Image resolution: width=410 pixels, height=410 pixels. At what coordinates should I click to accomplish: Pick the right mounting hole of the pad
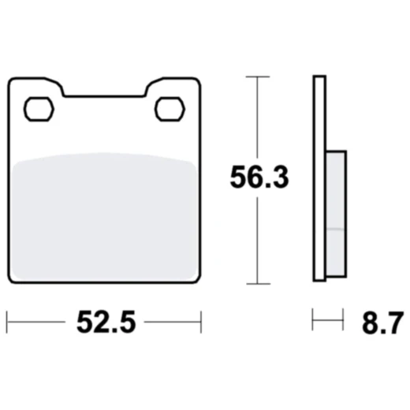pos(170,108)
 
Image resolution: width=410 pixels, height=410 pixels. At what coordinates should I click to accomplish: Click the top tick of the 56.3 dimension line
pos(253,76)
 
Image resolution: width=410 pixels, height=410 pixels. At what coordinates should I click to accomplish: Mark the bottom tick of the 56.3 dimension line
pos(253,285)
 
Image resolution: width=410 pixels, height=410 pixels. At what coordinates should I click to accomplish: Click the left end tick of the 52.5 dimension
pos(7,321)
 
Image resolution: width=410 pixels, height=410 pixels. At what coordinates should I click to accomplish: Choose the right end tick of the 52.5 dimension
pos(202,321)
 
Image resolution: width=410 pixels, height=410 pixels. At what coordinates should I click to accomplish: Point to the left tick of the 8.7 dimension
pos(314,321)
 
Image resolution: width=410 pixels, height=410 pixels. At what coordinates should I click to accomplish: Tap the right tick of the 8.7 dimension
pos(345,321)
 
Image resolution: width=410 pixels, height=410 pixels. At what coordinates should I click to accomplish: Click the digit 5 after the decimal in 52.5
pos(128,322)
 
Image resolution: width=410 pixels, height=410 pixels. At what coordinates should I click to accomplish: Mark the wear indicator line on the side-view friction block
pos(334,229)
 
